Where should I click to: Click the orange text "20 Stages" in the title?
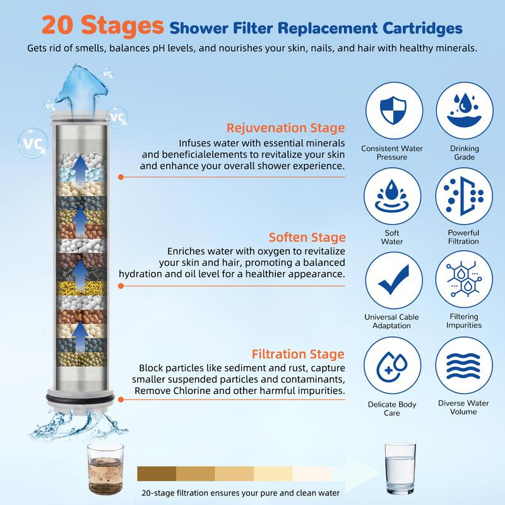point(101,27)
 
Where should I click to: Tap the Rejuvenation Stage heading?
point(286,128)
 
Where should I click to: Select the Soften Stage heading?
point(307,237)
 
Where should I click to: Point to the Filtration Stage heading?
point(298,354)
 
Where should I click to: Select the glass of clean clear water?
point(400,467)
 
